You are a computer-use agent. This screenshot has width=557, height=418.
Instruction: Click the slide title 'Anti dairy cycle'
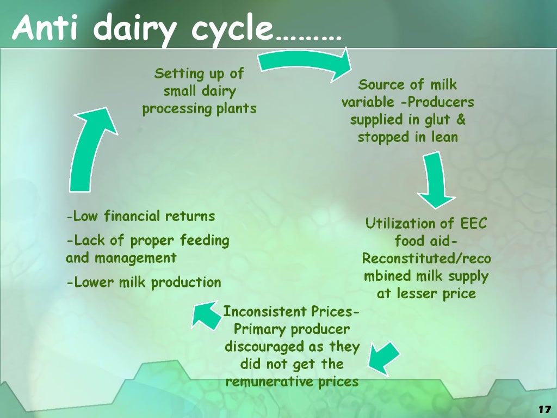[177, 28]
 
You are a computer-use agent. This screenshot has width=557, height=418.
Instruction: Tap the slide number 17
[543, 409]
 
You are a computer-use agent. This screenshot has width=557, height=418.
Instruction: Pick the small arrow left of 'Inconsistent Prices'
[205, 316]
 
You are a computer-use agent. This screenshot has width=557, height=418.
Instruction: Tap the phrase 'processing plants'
[199, 108]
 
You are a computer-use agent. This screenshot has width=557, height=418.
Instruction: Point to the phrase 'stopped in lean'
[407, 137]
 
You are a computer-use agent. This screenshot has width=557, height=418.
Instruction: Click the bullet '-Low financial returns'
[140, 217]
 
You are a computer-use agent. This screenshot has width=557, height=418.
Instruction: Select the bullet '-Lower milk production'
[144, 282]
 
